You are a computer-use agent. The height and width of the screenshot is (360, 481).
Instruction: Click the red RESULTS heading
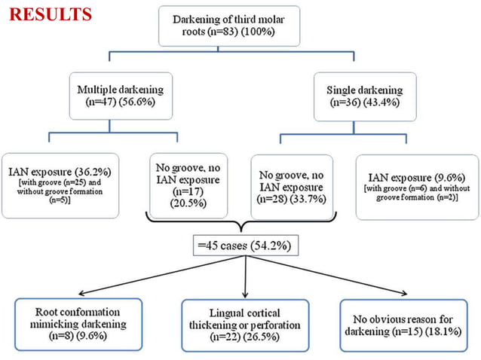(51, 14)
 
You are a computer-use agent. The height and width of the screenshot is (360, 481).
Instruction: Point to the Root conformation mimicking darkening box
(78, 323)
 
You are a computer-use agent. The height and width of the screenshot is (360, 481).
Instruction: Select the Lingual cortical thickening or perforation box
(245, 325)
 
